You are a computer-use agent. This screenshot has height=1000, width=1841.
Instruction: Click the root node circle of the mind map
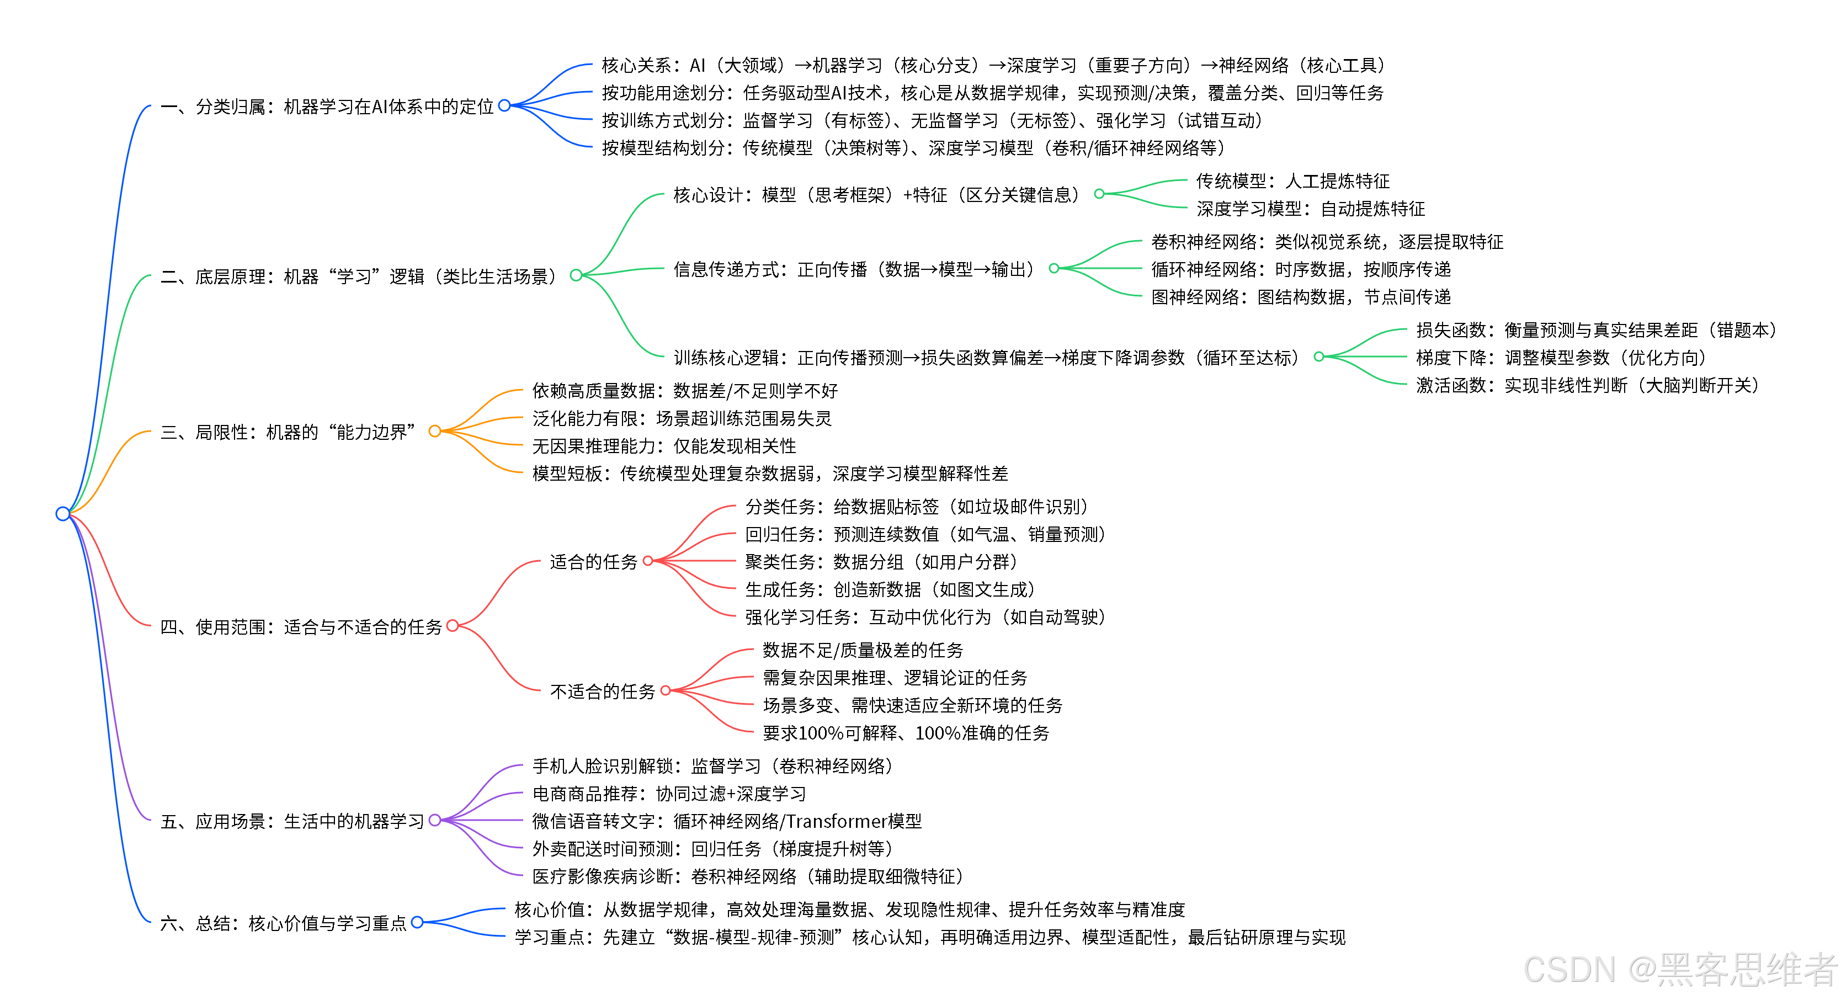(x=63, y=513)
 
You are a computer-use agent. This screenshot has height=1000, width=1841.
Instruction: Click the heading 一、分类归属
(x=327, y=107)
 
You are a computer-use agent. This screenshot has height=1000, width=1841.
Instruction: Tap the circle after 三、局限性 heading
(x=434, y=431)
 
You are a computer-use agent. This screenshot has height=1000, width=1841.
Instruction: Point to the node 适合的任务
(x=593, y=562)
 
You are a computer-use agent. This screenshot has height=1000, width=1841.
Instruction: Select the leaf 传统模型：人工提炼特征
(x=1292, y=181)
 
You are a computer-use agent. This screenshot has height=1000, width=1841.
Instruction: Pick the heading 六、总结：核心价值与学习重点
(x=283, y=923)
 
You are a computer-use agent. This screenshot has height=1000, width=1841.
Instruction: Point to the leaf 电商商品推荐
(x=668, y=794)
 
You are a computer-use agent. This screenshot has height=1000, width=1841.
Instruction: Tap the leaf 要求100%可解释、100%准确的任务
(x=906, y=733)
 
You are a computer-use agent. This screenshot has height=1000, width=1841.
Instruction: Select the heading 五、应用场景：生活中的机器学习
(x=292, y=821)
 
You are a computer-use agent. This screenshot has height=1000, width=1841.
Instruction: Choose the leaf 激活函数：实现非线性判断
(x=1587, y=385)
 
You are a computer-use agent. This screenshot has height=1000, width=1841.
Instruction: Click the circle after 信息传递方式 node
(x=1053, y=269)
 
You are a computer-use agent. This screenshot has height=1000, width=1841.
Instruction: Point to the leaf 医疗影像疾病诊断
(x=747, y=876)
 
